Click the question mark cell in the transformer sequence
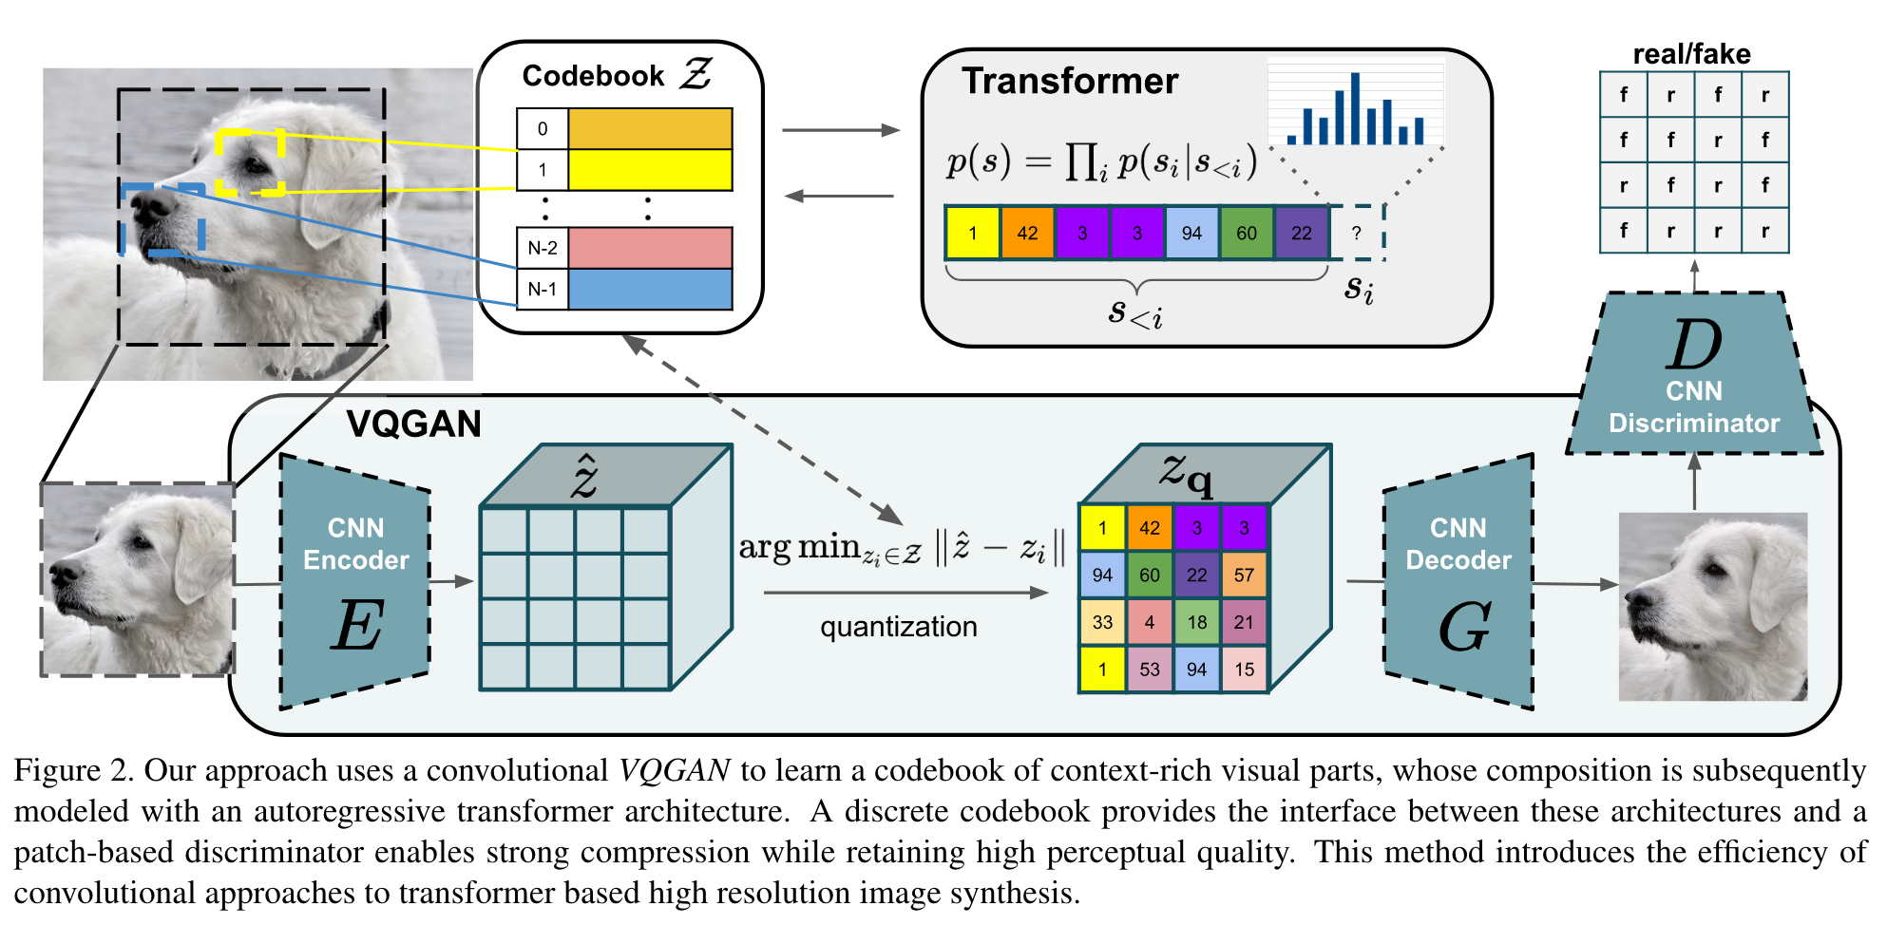coord(1357,233)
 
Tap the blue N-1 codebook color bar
coord(650,289)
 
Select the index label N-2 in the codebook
coord(543,248)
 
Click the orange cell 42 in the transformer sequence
coord(1027,233)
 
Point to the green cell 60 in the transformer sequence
coord(1247,233)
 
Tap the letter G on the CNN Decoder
coord(1464,627)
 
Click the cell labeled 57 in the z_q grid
coord(1244,575)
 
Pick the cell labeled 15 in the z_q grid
coord(1244,669)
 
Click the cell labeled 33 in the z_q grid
coord(1102,622)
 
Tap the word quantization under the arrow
coord(898,627)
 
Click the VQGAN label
coord(413,424)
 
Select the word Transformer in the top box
coord(1070,81)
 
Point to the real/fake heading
coord(1691,54)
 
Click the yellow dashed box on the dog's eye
coord(250,162)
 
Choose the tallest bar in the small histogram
coord(1355,108)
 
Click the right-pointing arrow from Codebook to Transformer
coord(841,130)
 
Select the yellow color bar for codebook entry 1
coord(650,170)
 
